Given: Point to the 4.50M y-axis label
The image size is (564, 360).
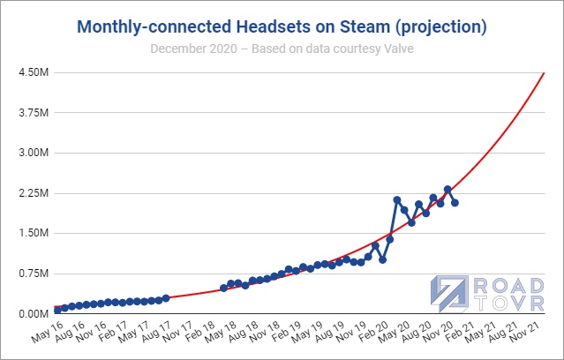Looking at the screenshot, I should (x=35, y=72).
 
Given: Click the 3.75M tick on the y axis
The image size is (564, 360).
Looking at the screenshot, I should (x=35, y=113).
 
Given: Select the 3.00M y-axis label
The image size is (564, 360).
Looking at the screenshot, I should (x=35, y=153).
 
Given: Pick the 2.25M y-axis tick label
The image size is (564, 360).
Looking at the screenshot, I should (x=35, y=193).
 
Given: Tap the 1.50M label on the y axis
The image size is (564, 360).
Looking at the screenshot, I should (x=35, y=233).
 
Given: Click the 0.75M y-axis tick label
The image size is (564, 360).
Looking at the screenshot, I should (x=35, y=274).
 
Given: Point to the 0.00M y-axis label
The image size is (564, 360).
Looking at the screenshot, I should (x=35, y=313).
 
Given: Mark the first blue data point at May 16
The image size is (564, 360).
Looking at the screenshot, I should (x=57, y=310).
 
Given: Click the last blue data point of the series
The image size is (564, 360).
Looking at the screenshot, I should (x=455, y=203).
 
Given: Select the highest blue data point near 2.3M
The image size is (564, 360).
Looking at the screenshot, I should (x=447, y=190).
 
